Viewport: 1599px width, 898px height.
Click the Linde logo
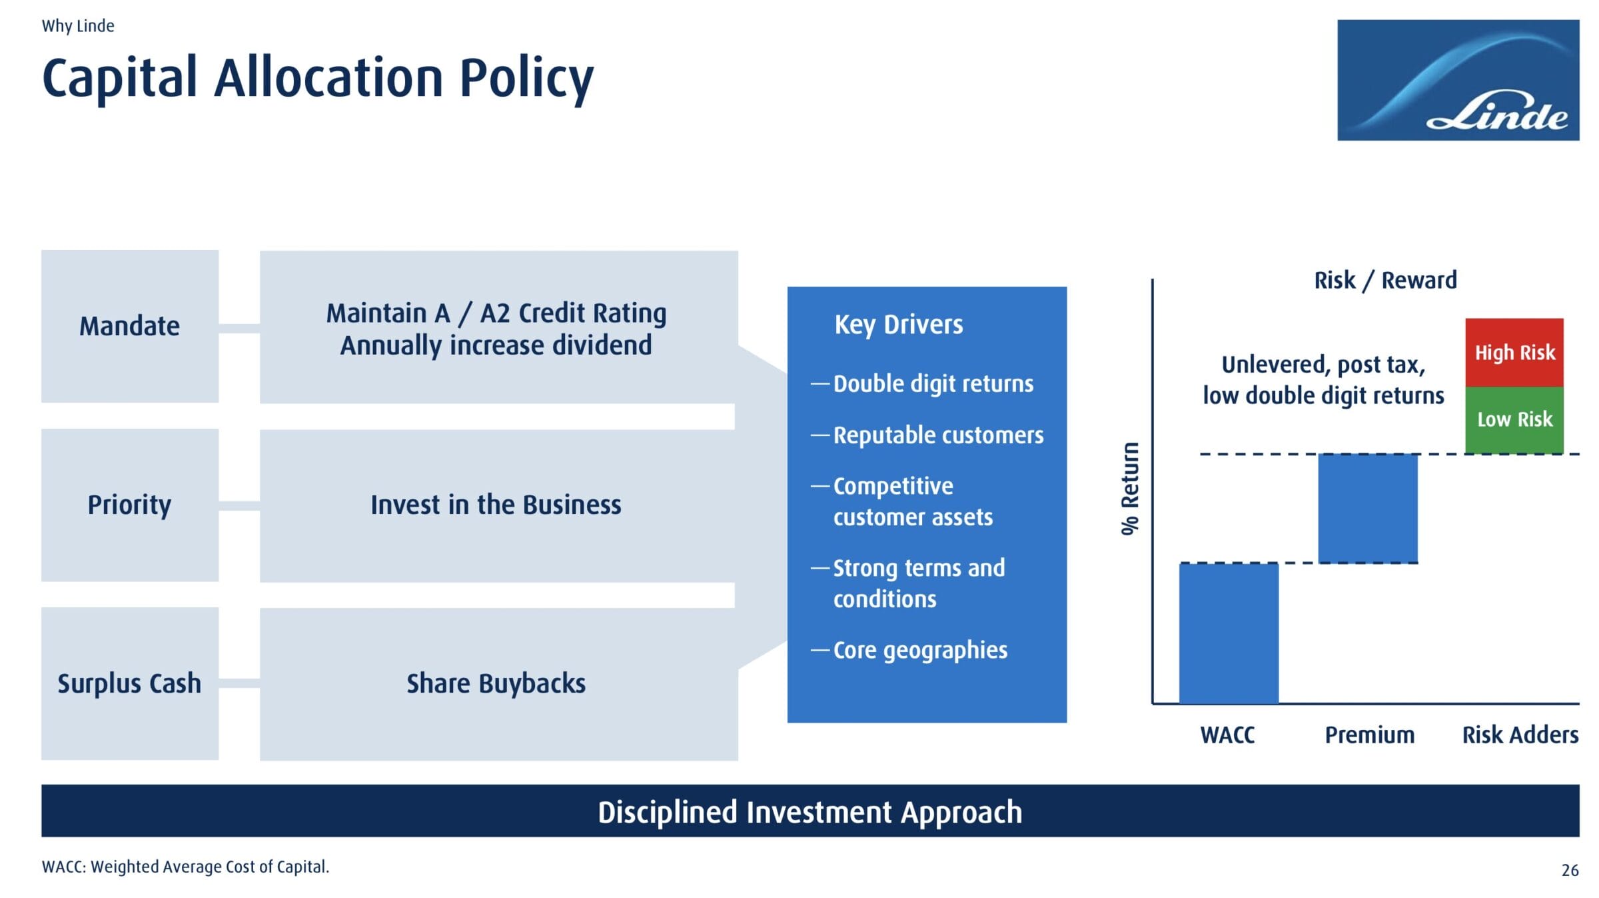[x=1458, y=80]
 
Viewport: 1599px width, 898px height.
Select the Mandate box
[x=130, y=326]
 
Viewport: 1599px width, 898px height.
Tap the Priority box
[x=130, y=505]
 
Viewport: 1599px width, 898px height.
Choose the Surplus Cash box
[x=130, y=683]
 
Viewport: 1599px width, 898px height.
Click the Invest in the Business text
[x=496, y=505]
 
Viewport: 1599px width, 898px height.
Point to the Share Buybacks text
[x=496, y=683]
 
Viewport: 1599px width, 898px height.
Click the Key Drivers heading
[x=899, y=325]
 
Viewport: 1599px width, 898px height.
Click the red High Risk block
[x=1514, y=353]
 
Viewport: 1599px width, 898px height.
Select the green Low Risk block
[x=1514, y=420]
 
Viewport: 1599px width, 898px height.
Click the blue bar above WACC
[x=1229, y=633]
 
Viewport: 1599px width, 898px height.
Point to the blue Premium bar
[x=1368, y=509]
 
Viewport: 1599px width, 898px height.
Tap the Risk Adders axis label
[x=1520, y=735]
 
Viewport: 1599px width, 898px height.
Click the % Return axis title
[x=1130, y=488]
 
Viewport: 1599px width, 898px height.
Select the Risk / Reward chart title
[x=1386, y=280]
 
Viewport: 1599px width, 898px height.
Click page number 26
[x=1570, y=870]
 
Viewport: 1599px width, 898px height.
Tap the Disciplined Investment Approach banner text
[x=809, y=812]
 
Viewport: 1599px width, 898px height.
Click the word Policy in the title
[x=526, y=79]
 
